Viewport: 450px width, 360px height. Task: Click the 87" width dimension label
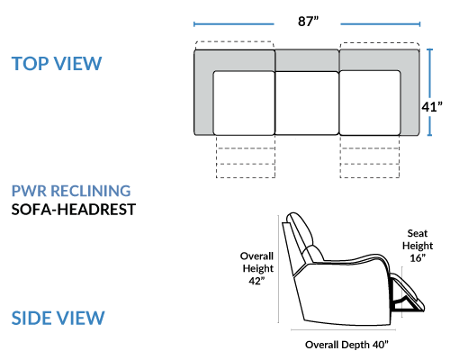308,22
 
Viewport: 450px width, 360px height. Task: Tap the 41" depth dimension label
432,107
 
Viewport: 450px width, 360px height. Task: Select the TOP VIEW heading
57,64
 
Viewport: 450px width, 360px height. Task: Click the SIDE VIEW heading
58,318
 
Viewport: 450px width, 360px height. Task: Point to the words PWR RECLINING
71,191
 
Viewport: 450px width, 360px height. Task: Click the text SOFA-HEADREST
74,210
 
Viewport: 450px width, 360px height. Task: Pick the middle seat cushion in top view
307,103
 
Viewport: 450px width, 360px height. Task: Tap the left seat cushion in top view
244,103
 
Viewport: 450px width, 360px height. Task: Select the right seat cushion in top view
370,103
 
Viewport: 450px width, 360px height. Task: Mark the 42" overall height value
256,281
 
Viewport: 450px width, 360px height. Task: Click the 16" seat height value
418,257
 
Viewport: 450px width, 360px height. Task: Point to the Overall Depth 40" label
346,345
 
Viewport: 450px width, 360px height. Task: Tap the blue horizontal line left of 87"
234,24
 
